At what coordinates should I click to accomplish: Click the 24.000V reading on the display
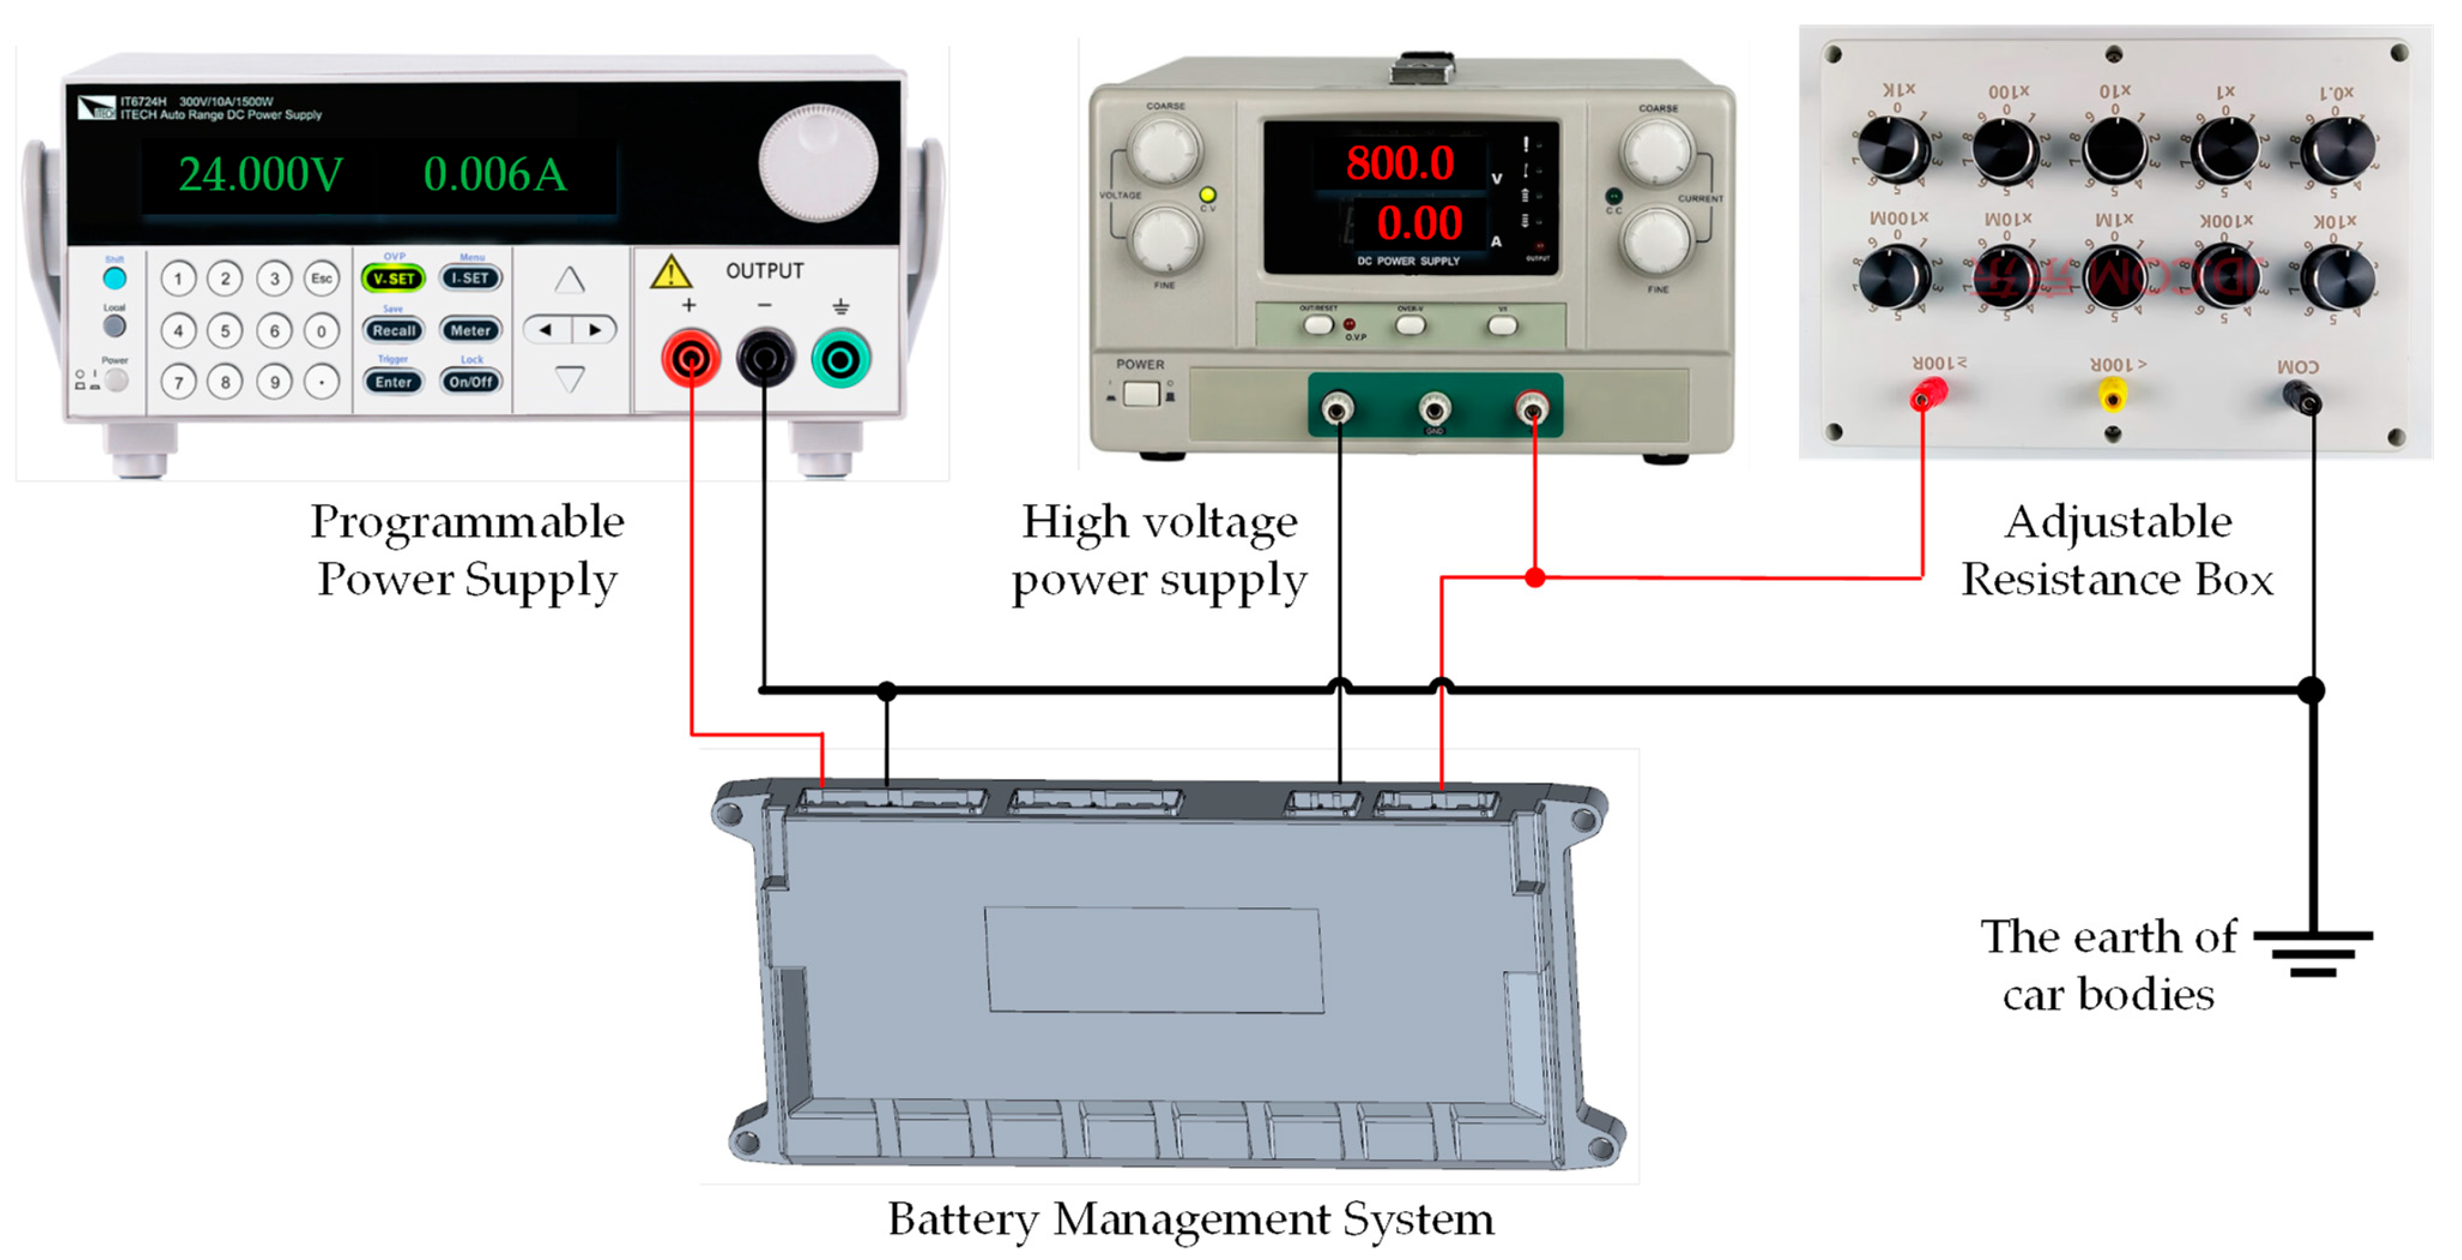point(260,175)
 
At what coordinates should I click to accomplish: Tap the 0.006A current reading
point(494,175)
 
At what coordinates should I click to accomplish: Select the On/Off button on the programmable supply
point(471,382)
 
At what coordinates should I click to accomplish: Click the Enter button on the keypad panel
point(393,382)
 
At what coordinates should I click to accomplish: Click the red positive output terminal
point(690,358)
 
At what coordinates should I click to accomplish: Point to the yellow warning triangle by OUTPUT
point(670,273)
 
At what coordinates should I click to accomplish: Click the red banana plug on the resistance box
point(1927,393)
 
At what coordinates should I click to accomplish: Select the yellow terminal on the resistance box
point(2111,393)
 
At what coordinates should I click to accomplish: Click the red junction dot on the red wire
point(1535,577)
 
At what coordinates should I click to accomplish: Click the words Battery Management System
point(1190,1219)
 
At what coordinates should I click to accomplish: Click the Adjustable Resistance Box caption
point(2117,550)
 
